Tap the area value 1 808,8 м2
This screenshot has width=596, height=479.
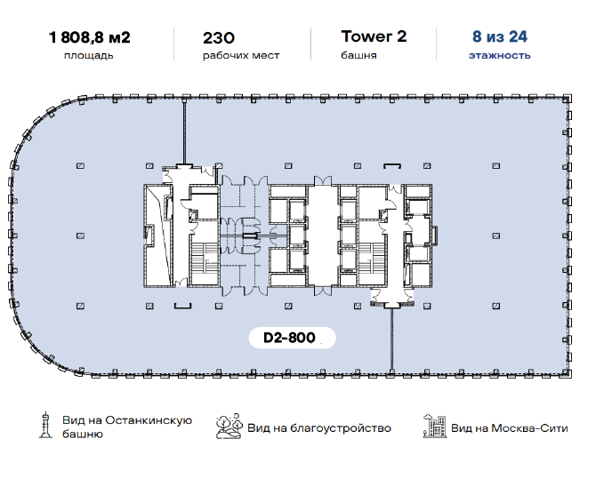click(90, 37)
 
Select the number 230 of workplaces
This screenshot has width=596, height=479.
click(219, 38)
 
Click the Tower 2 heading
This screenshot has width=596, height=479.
click(374, 36)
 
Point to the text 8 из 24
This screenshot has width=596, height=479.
click(500, 36)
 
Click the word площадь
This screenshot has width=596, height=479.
click(89, 55)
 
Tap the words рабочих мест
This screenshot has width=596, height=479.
click(241, 55)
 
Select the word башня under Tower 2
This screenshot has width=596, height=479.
click(358, 55)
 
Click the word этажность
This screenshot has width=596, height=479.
click(499, 55)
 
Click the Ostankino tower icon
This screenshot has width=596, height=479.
click(45, 425)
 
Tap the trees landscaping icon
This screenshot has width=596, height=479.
click(229, 427)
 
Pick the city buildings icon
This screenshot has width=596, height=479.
click(435, 427)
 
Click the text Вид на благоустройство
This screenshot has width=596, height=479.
click(319, 428)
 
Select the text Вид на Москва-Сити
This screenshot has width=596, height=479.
click(510, 428)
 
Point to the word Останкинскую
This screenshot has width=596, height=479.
click(149, 420)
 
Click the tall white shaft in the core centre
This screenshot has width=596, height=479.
click(323, 235)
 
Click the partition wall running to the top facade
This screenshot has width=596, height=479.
click(185, 132)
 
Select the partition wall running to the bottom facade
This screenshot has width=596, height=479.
click(391, 339)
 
